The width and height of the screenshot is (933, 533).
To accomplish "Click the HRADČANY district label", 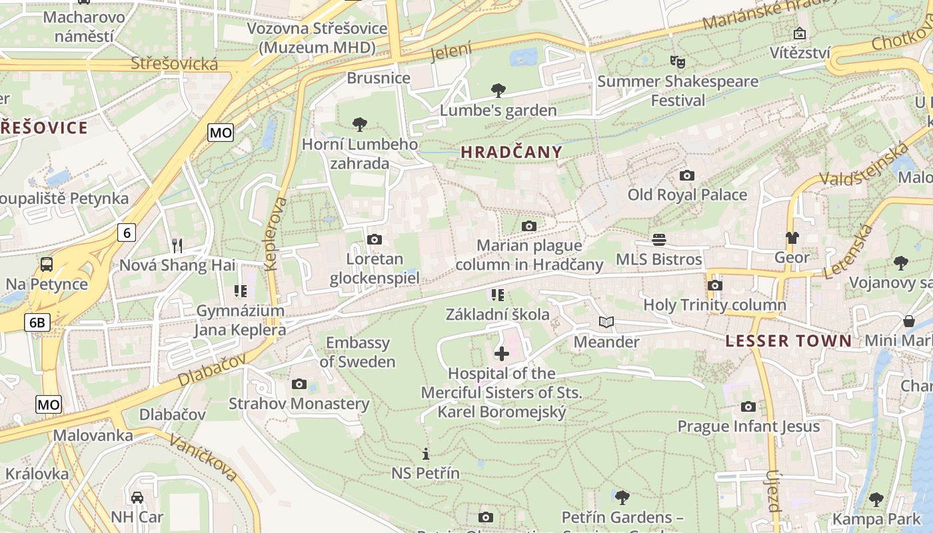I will (511, 152).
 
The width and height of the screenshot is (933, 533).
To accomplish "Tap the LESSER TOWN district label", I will (788, 341).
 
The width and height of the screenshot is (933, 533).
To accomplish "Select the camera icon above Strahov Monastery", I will (299, 384).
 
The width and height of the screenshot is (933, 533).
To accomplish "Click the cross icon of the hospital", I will (502, 354).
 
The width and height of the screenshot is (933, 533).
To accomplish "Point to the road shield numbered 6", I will (127, 232).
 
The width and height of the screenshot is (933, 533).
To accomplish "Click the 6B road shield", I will (37, 323).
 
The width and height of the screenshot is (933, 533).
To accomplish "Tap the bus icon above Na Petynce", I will (47, 264).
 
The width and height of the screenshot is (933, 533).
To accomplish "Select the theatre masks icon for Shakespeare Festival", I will (678, 62).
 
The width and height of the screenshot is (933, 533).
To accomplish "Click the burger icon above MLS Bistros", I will (659, 239).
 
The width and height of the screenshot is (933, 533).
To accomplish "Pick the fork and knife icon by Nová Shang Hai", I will (177, 246).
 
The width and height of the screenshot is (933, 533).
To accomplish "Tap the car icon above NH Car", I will (137, 497).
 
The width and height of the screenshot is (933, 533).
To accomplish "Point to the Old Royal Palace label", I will (687, 195).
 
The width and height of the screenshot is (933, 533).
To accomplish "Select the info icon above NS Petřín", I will (426, 454).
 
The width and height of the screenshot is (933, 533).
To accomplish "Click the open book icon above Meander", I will (606, 322).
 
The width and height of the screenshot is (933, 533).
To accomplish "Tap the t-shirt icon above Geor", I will (792, 238).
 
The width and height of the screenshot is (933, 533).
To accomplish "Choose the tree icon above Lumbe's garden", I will (498, 91).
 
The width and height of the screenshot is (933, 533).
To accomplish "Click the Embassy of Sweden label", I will (358, 352).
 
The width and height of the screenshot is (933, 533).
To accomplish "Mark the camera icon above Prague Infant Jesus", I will (748, 406).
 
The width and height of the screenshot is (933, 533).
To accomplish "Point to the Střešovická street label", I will (175, 64).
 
